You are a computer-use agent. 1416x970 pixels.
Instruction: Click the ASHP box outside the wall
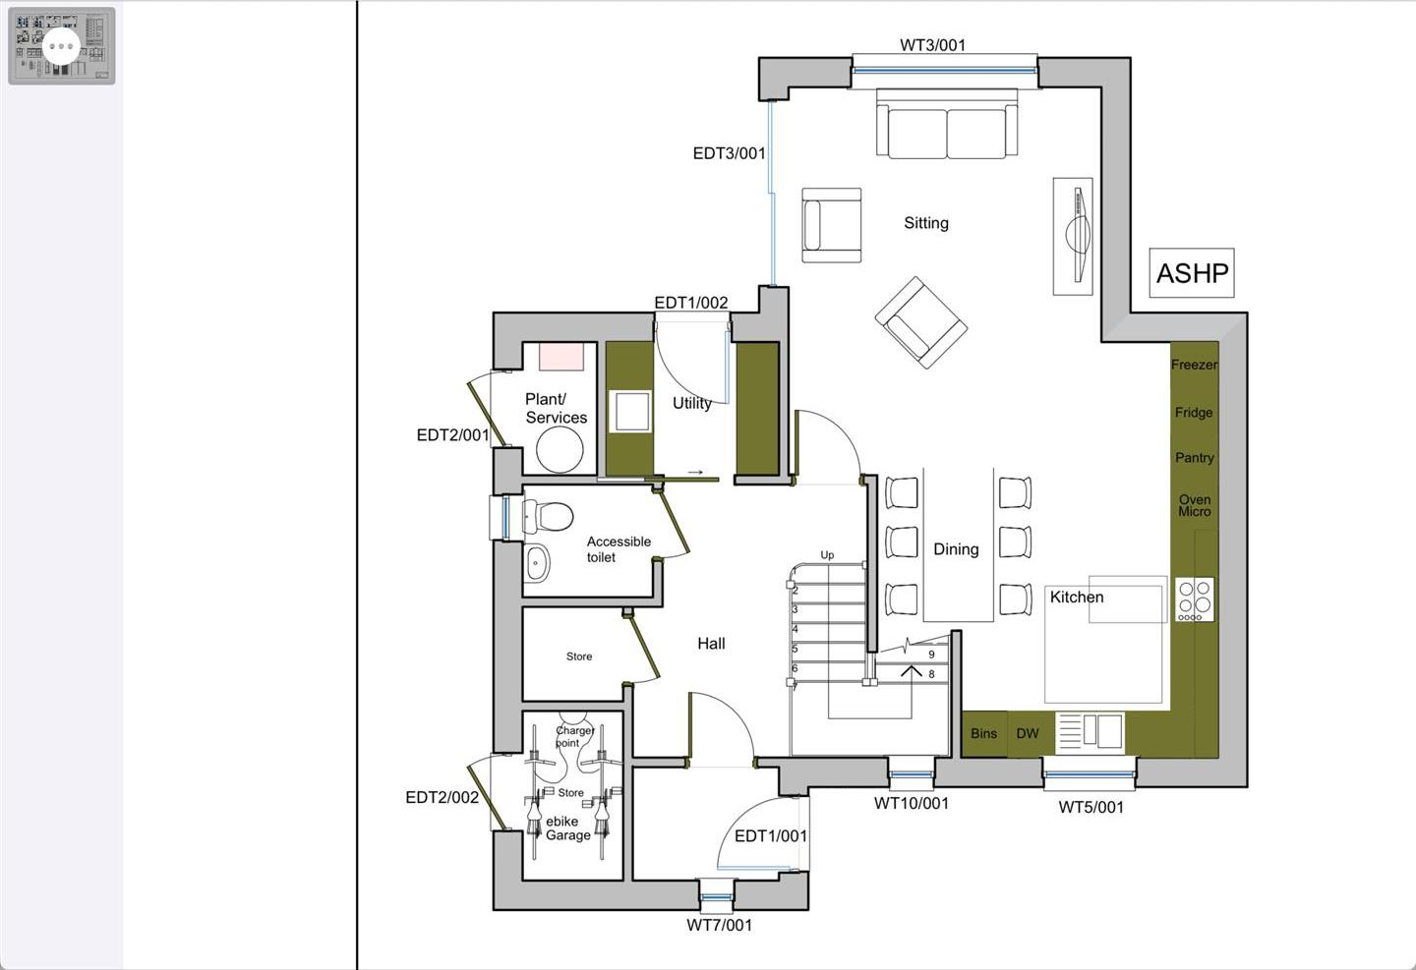(1192, 273)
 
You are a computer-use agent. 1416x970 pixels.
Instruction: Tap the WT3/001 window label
(932, 45)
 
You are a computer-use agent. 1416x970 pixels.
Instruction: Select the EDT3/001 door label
(729, 153)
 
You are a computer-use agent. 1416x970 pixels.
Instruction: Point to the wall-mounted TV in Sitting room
(1075, 236)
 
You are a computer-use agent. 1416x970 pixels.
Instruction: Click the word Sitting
(926, 223)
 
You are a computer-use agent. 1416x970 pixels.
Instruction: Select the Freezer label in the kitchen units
(1194, 365)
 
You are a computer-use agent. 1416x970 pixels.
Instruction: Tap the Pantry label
(1194, 458)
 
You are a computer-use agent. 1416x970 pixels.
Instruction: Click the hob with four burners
(1195, 599)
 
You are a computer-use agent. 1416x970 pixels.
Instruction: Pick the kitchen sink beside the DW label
(1090, 732)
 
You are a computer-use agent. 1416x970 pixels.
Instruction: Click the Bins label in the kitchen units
(983, 733)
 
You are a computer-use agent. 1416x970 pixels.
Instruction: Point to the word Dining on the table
(956, 549)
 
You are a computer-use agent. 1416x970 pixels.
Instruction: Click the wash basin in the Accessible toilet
(537, 563)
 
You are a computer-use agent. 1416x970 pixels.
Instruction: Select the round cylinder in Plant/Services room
(560, 450)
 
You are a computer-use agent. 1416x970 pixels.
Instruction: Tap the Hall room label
(711, 644)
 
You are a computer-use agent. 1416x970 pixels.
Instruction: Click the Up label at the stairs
(827, 555)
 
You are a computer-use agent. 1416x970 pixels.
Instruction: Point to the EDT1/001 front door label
(771, 836)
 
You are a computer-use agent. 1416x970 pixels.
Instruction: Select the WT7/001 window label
(719, 925)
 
